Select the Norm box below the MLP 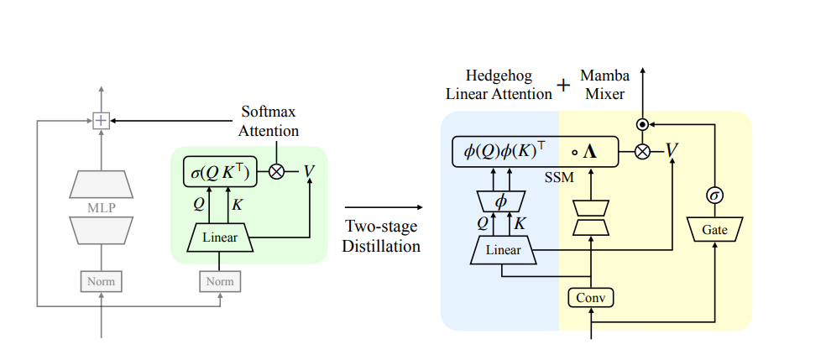pos(101,281)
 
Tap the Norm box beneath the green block pos(220,281)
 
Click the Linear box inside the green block pos(220,238)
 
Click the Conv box pos(592,297)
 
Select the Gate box pos(715,229)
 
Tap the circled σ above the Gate pos(716,195)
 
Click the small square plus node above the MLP pos(101,121)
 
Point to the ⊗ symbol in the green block pos(276,171)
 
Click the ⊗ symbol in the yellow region pos(642,151)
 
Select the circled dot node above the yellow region pos(642,123)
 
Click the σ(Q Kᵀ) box pos(221,172)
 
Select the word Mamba pos(605,75)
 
